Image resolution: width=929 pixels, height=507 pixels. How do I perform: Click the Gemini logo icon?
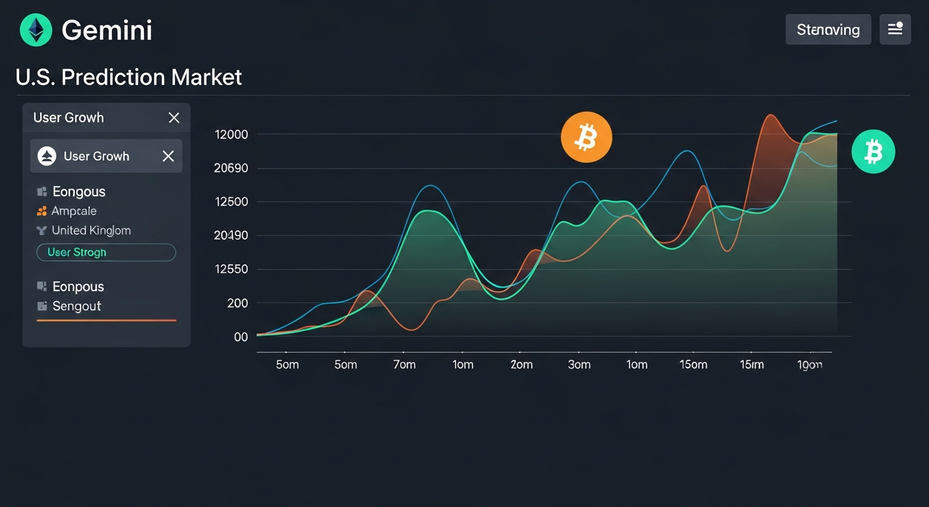point(36,30)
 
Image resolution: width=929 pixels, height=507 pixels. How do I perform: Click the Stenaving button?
point(828,30)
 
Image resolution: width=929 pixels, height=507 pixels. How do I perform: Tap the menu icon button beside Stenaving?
point(895,30)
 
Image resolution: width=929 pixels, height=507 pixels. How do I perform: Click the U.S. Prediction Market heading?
point(129,77)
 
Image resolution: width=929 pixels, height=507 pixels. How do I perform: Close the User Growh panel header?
point(174,118)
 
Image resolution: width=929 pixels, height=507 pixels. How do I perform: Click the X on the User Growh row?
point(168,156)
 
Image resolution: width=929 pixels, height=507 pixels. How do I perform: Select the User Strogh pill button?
point(106,252)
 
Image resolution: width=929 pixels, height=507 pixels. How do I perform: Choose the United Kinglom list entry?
point(91,230)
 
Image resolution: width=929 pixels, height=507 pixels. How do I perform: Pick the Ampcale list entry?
point(74,211)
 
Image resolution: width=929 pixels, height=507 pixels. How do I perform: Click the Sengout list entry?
point(77,306)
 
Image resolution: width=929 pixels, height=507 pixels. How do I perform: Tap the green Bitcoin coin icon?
point(873,152)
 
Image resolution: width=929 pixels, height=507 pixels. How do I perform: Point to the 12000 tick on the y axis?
point(231,135)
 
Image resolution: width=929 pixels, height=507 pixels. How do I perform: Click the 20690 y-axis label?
point(231,168)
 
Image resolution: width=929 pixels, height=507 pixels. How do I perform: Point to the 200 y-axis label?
point(237,304)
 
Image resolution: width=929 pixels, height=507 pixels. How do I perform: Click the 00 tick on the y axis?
point(241,337)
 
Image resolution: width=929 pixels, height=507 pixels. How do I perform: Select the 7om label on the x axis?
point(404,365)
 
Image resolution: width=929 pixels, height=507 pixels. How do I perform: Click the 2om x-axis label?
point(521,365)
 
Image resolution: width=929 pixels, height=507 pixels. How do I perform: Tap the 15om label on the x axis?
point(693,365)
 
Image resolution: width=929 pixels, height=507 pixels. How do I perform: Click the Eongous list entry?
point(79,192)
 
